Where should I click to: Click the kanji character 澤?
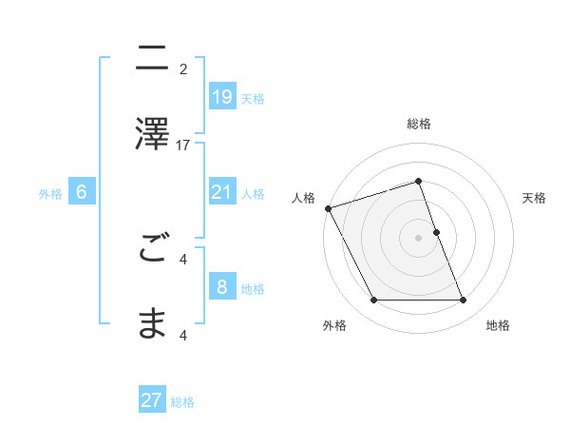152,133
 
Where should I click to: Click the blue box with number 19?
221,96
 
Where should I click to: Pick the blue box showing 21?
221,192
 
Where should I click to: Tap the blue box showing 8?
221,287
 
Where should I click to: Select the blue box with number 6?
82,192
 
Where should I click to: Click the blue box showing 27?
152,400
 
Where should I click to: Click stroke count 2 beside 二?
183,68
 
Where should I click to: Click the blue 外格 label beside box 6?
50,193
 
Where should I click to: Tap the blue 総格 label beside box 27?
182,401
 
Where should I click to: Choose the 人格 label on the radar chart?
303,198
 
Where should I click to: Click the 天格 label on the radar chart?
534,198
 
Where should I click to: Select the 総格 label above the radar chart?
419,124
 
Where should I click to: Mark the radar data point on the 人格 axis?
329,208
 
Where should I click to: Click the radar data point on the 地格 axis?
464,301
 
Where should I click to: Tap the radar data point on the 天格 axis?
436,232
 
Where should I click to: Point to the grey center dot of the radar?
419,238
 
